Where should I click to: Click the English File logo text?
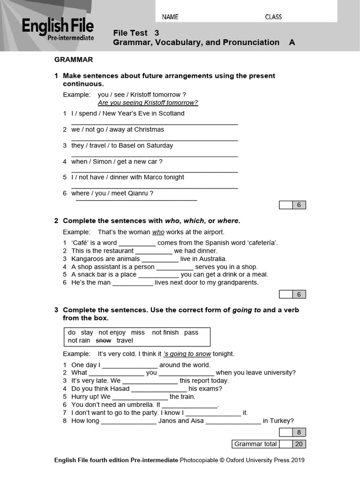click(x=58, y=26)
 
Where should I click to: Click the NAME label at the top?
click(x=170, y=17)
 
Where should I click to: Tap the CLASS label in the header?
click(x=273, y=17)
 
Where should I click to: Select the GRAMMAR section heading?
click(x=74, y=60)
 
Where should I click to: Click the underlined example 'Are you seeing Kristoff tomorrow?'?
click(x=148, y=103)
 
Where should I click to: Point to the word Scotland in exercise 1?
click(x=172, y=113)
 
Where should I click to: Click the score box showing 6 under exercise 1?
click(x=299, y=205)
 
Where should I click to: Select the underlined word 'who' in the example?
click(x=158, y=232)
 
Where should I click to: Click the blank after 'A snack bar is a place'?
click(x=158, y=275)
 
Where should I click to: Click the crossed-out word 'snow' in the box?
click(x=104, y=341)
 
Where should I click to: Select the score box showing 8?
click(x=299, y=432)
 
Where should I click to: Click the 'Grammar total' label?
click(x=255, y=444)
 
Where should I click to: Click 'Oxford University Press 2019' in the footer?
click(x=265, y=460)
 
